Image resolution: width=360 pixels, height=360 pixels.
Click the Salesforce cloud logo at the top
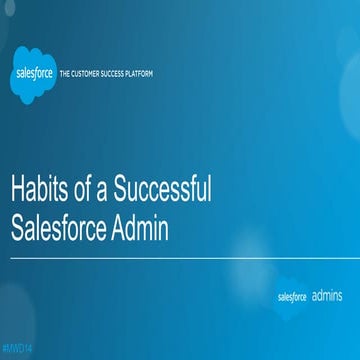[33, 75]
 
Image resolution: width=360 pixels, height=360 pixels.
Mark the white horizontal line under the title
[180, 257]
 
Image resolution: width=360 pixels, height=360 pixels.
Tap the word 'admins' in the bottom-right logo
[328, 296]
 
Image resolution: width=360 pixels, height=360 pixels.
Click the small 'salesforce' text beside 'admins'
[292, 297]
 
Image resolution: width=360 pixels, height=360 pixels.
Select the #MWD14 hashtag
[17, 345]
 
